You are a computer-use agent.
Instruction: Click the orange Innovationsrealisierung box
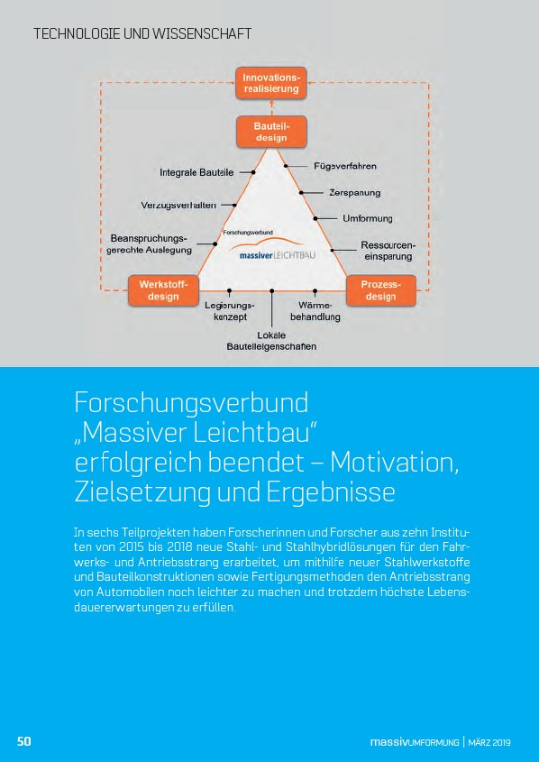[271, 83]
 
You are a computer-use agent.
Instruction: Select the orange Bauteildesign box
[271, 132]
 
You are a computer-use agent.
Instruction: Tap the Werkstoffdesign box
[163, 290]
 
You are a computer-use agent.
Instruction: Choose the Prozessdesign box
[380, 290]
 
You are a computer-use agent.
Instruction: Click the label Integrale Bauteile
[196, 172]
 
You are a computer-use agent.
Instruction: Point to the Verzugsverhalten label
[178, 205]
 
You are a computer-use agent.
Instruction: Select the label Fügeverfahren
[345, 166]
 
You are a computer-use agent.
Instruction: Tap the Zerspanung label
[355, 193]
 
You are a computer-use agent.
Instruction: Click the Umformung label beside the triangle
[368, 219]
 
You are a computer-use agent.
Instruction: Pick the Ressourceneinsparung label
[388, 251]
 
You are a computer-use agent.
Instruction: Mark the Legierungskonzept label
[230, 311]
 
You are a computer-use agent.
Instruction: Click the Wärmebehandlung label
[315, 311]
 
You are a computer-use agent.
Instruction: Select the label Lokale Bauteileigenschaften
[271, 341]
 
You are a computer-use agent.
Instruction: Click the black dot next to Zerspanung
[300, 193]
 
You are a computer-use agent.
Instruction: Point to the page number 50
[24, 741]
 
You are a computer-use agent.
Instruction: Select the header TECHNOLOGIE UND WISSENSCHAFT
[142, 34]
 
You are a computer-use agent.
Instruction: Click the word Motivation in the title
[395, 463]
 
